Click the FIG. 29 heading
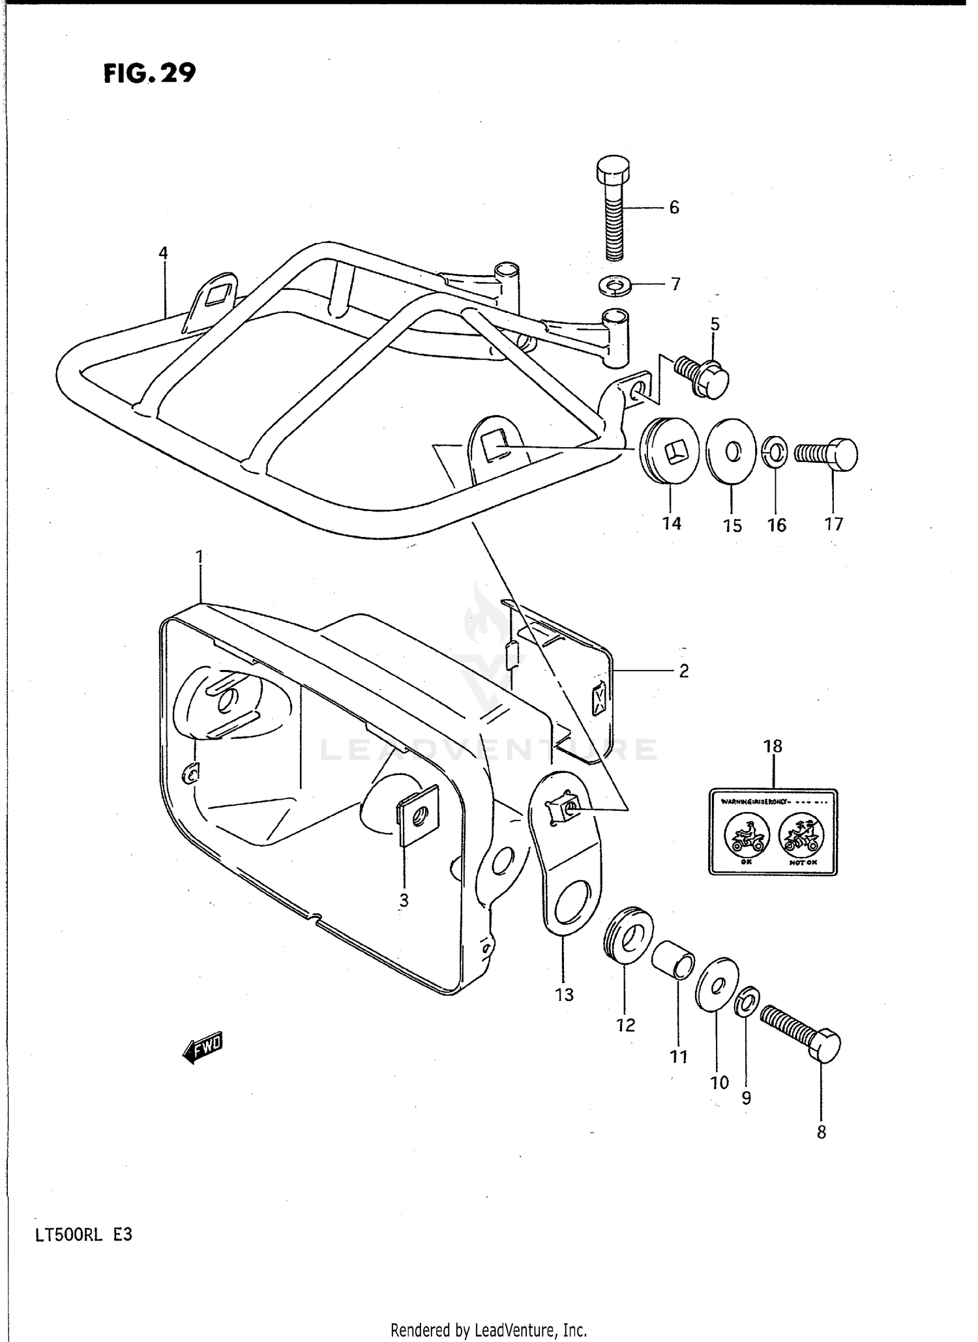click(x=149, y=73)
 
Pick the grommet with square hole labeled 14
click(x=670, y=452)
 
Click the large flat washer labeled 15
click(x=731, y=452)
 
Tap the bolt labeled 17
click(x=826, y=454)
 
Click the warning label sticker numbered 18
click(x=773, y=832)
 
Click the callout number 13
click(x=564, y=994)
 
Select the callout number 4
click(x=163, y=253)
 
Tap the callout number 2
click(x=683, y=670)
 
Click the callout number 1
click(x=200, y=557)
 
